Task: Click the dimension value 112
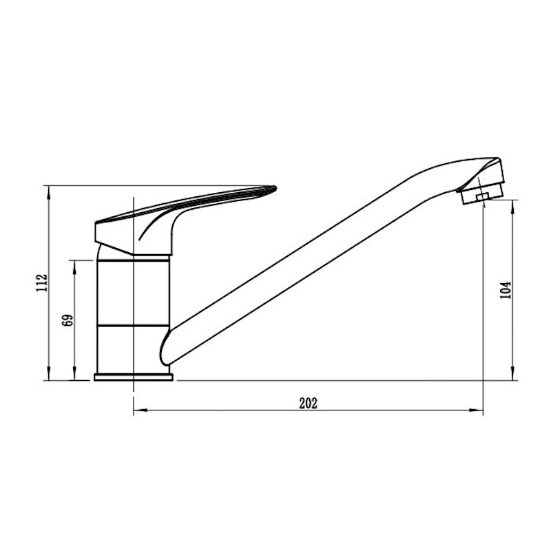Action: coord(41,282)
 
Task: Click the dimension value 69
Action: coord(67,320)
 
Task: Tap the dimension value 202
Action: coord(308,403)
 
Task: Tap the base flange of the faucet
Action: coord(134,377)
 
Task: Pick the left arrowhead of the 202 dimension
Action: coord(140,409)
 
